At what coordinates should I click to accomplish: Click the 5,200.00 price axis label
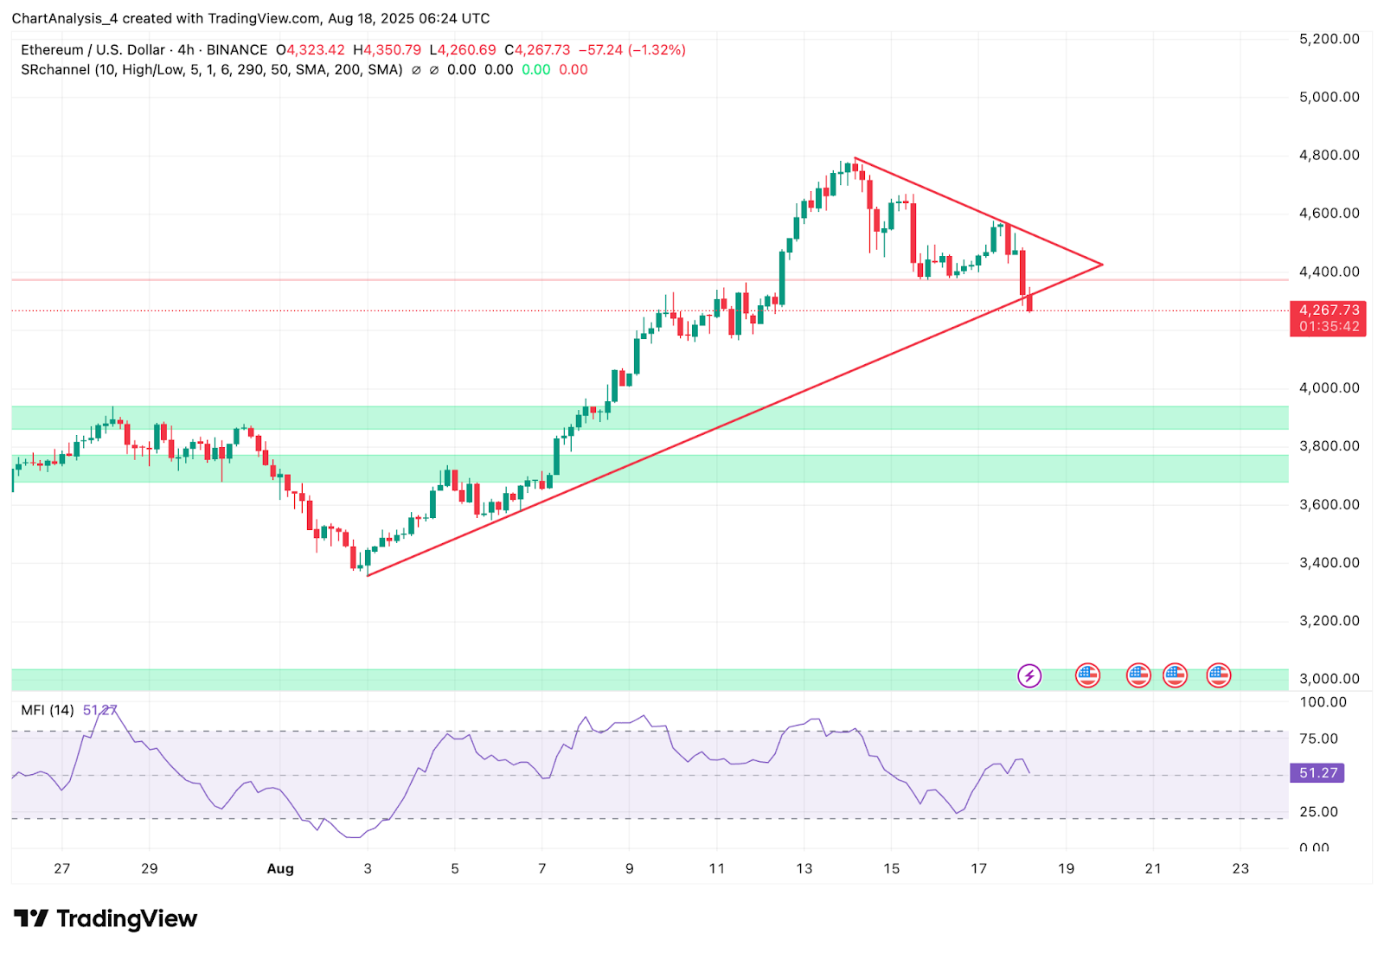[x=1329, y=39]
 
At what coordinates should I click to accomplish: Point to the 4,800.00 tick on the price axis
[x=1329, y=156]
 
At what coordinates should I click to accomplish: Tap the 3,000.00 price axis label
[x=1329, y=679]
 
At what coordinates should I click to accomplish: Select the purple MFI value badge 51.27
[x=1317, y=773]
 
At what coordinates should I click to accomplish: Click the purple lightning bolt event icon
[x=1028, y=675]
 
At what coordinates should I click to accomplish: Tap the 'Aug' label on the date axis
[x=280, y=868]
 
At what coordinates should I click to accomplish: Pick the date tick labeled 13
[x=804, y=868]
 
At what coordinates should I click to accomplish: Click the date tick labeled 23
[x=1240, y=868]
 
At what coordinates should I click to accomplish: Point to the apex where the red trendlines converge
[x=1102, y=264]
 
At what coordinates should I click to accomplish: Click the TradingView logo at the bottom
[x=106, y=918]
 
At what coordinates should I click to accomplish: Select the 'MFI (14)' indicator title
[x=48, y=710]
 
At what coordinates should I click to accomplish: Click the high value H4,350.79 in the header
[x=387, y=50]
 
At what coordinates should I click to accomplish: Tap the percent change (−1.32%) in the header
[x=657, y=50]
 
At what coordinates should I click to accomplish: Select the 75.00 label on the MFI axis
[x=1318, y=739]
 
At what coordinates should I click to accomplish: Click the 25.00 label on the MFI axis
[x=1318, y=811]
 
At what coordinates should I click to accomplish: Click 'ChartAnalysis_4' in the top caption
[x=65, y=18]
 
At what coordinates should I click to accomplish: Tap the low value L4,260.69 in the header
[x=463, y=50]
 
